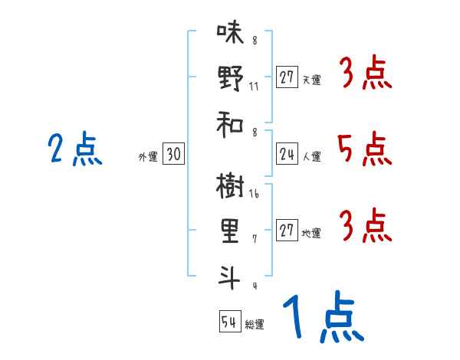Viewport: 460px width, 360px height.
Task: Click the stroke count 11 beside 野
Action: point(254,86)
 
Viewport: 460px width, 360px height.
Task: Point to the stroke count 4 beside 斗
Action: point(254,286)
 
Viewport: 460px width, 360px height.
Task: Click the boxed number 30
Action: point(173,155)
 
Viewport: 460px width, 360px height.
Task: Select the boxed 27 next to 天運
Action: point(287,77)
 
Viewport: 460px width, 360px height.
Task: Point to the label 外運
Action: point(147,157)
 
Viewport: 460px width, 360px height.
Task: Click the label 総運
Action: point(255,325)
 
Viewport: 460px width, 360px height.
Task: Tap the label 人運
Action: point(311,157)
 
